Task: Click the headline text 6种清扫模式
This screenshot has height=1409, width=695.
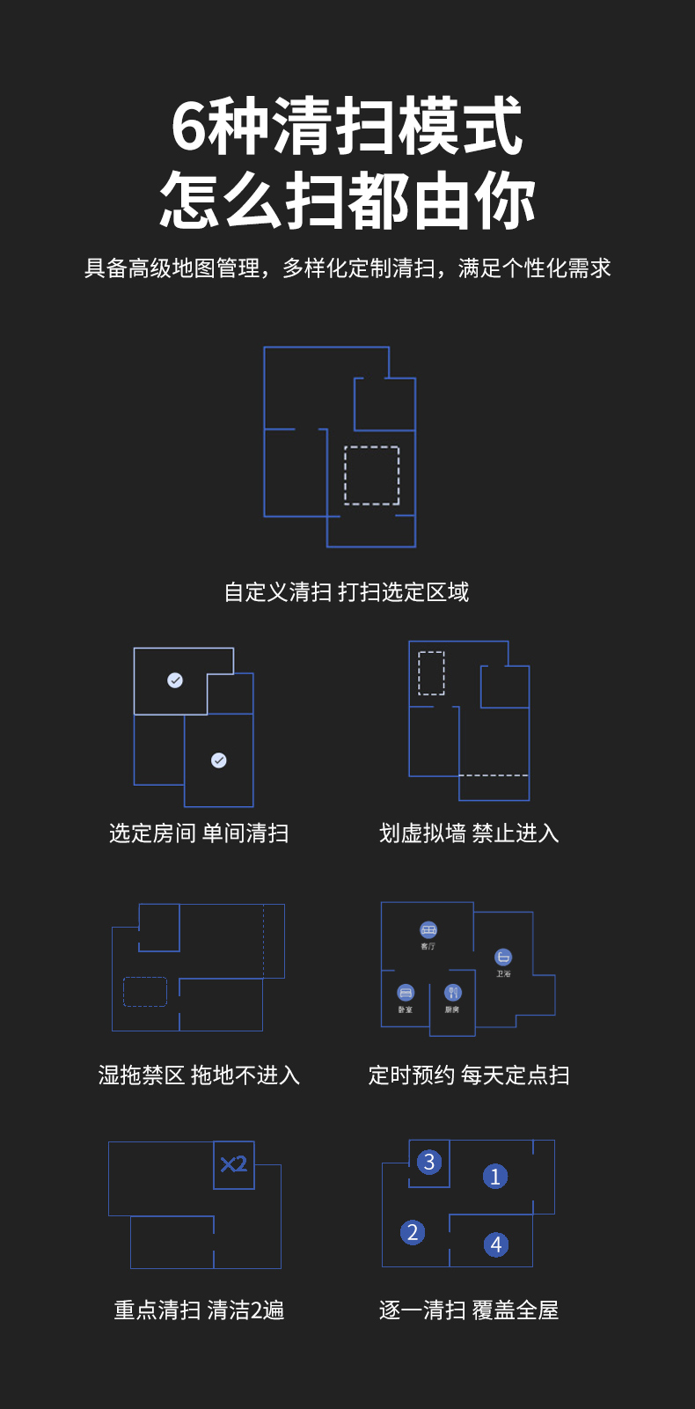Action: (x=347, y=127)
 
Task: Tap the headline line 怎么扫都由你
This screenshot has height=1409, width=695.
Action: (x=347, y=202)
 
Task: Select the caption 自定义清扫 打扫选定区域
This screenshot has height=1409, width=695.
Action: (x=347, y=592)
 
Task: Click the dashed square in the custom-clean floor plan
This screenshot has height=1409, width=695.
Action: (x=371, y=475)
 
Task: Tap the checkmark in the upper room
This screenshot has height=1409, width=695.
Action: (x=175, y=680)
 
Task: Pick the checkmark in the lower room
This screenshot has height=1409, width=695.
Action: (x=219, y=760)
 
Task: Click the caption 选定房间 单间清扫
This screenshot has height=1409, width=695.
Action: (x=199, y=833)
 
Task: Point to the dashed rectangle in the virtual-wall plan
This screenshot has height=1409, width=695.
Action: (x=431, y=673)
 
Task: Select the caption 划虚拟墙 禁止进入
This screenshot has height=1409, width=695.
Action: (x=469, y=833)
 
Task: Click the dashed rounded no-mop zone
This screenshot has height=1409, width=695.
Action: (x=145, y=992)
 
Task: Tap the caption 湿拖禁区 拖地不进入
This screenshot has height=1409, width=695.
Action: (x=199, y=1075)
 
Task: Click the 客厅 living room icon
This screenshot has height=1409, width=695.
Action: (x=428, y=930)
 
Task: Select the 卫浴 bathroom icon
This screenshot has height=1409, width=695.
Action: (x=503, y=958)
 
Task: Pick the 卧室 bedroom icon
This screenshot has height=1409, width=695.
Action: (x=406, y=993)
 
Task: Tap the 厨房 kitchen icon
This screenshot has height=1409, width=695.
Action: (x=452, y=993)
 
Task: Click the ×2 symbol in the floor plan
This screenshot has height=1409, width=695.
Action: (x=234, y=1165)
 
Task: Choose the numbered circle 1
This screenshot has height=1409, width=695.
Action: (x=495, y=1177)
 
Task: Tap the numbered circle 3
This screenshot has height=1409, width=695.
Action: (x=429, y=1163)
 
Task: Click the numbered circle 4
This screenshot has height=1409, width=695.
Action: (x=496, y=1244)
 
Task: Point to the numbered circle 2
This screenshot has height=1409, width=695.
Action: (x=413, y=1232)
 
